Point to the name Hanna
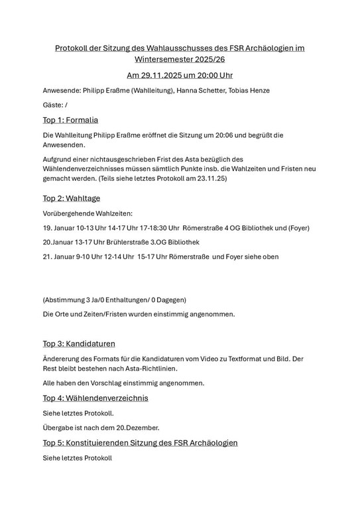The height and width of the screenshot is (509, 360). pos(189,90)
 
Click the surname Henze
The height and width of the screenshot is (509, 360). pos(257,90)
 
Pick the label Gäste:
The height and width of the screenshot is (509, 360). pos(53,105)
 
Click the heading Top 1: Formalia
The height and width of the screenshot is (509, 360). pos(70,120)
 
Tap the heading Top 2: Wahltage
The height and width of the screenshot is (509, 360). pos(71,198)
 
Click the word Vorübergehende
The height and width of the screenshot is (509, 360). pos(71,213)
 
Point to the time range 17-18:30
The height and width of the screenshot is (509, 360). pos(159,228)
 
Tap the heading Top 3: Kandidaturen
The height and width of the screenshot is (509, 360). pos(79,343)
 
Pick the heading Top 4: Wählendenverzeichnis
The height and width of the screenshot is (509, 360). pos(95,398)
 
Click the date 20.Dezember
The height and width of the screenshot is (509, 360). pos(136,427)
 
